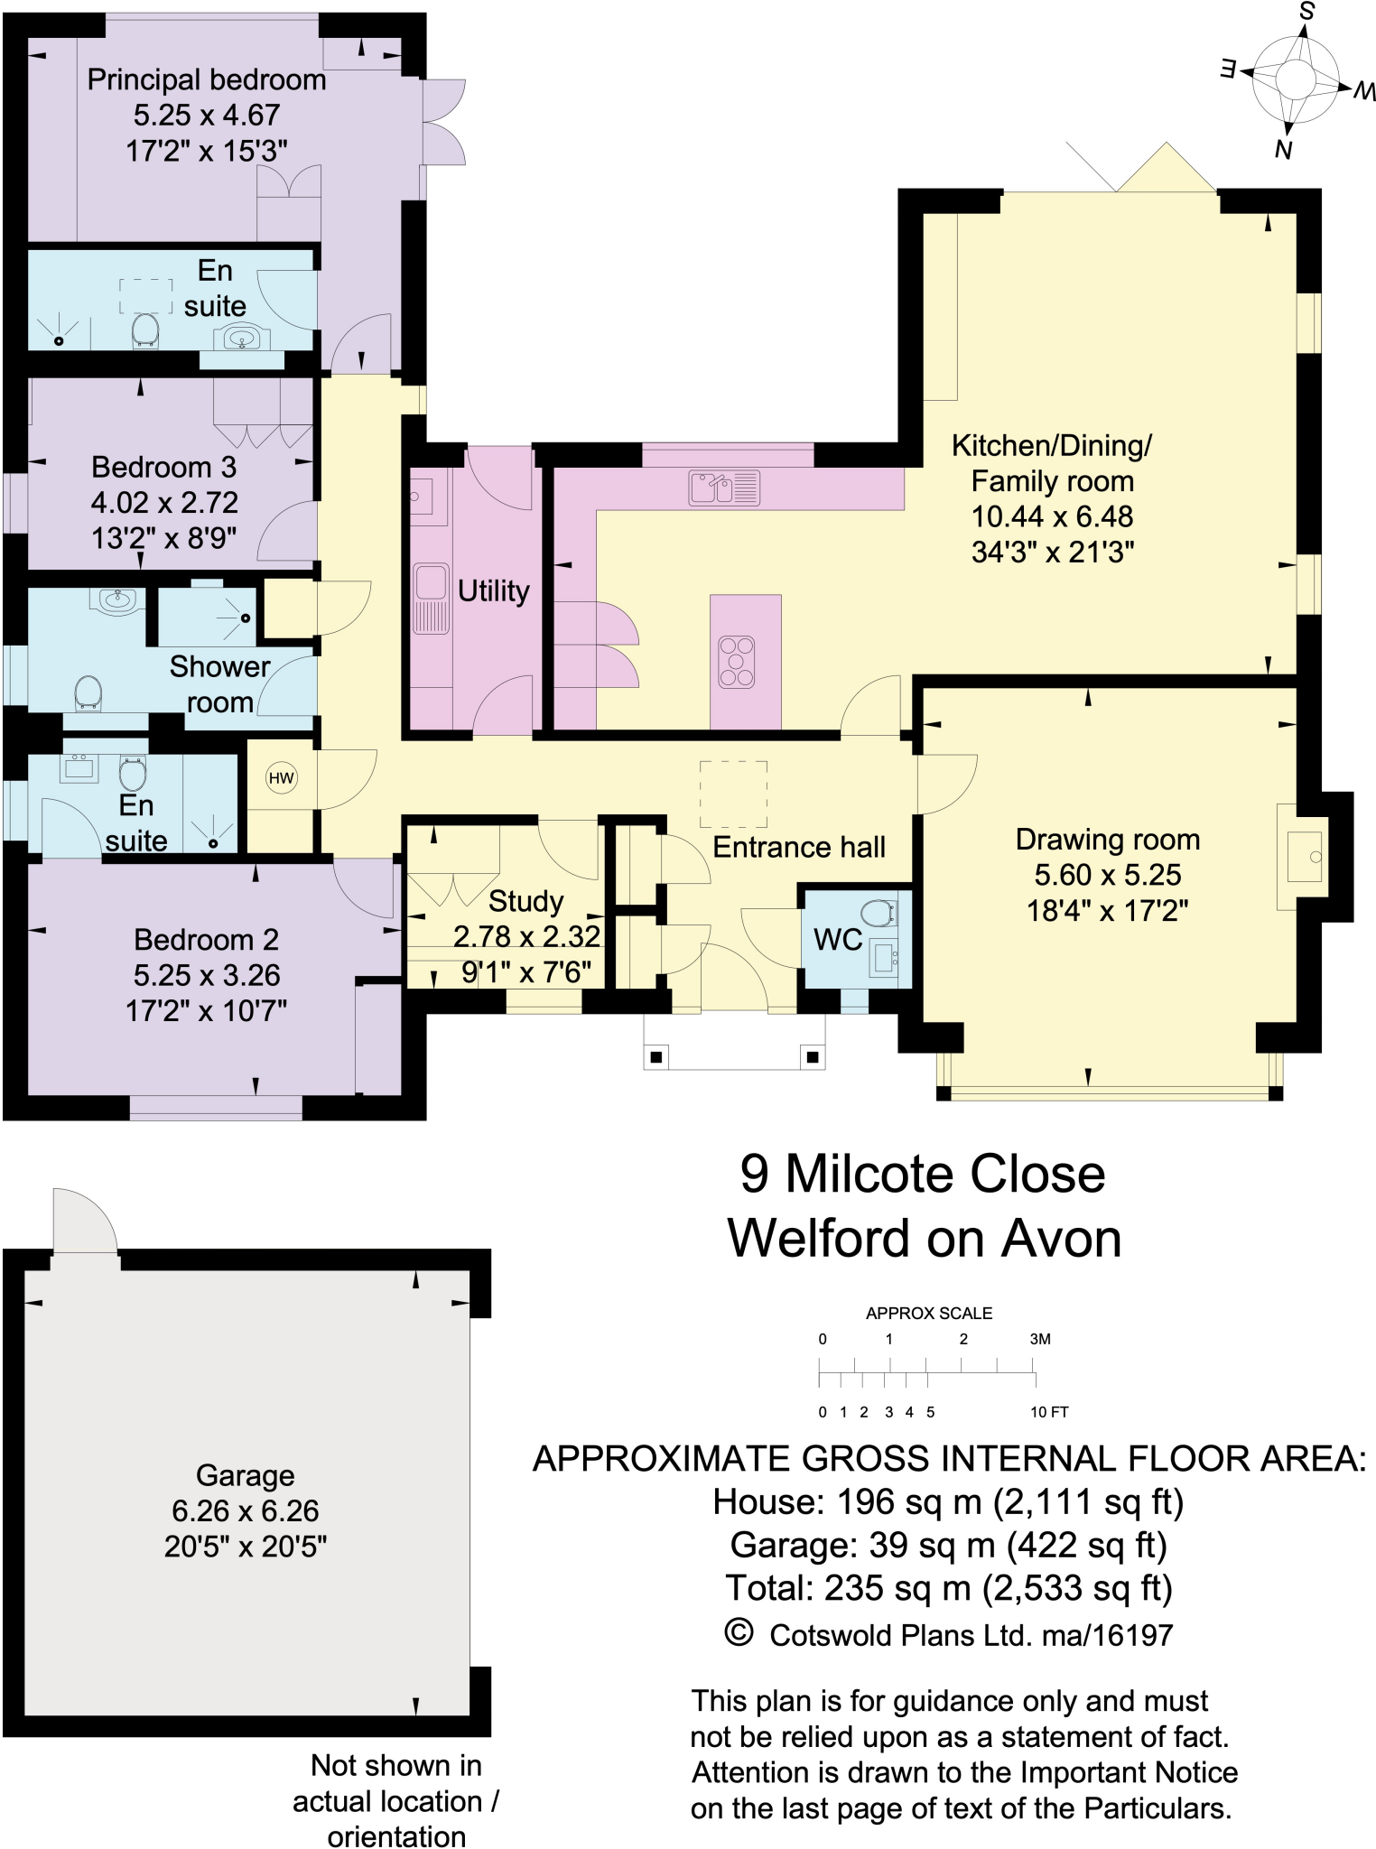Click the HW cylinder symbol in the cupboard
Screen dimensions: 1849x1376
[282, 778]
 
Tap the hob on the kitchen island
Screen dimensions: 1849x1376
[736, 662]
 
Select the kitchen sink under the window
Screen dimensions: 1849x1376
[724, 488]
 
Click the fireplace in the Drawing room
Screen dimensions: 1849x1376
[1303, 856]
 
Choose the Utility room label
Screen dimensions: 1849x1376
[493, 591]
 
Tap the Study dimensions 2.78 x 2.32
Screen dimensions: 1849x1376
[526, 936]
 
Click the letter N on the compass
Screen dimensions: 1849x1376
[1282, 150]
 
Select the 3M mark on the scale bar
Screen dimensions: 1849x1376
[1039, 1339]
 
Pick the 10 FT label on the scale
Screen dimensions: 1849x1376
[1049, 1412]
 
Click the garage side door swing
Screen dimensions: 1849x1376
[84, 1222]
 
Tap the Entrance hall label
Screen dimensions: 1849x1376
[798, 847]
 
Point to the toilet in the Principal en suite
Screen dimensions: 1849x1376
[145, 330]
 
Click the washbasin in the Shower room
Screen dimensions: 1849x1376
[117, 600]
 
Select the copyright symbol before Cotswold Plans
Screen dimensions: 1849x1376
[739, 1632]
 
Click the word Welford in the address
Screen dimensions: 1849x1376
[818, 1238]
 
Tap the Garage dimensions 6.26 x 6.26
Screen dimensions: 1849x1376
[245, 1510]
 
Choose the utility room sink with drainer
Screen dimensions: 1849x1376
[432, 597]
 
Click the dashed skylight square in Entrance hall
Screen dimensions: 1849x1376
[733, 794]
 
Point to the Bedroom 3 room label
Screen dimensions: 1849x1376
[163, 467]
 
